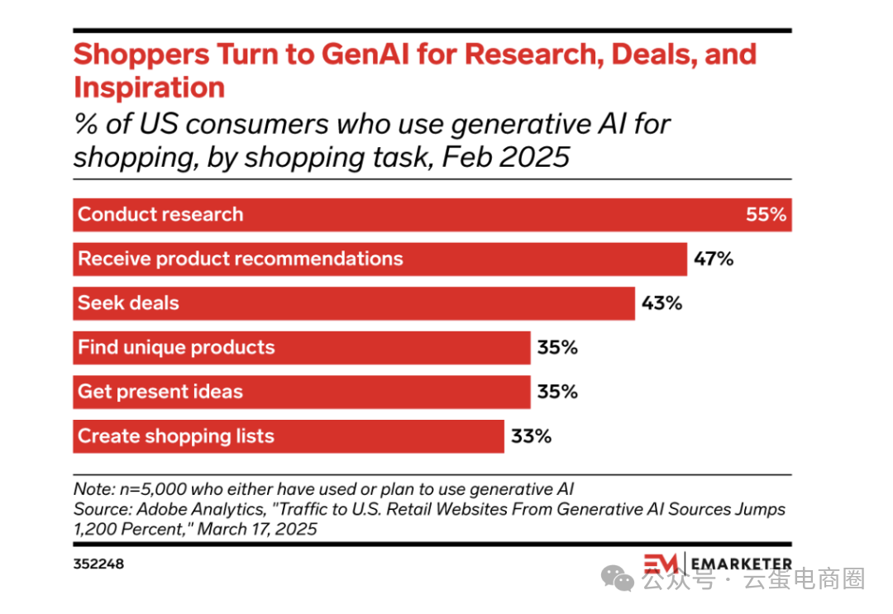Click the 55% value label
[x=766, y=215]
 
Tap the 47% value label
[x=714, y=259]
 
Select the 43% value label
[x=661, y=303]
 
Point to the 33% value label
[x=531, y=436]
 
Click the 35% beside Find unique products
[x=557, y=347]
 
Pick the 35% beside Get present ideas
[x=557, y=391]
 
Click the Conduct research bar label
[x=160, y=215]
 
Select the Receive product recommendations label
[x=240, y=259]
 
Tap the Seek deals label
[x=128, y=303]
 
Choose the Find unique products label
[x=176, y=347]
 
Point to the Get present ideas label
[x=160, y=391]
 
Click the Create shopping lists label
[x=175, y=436]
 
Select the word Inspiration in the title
[x=149, y=88]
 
